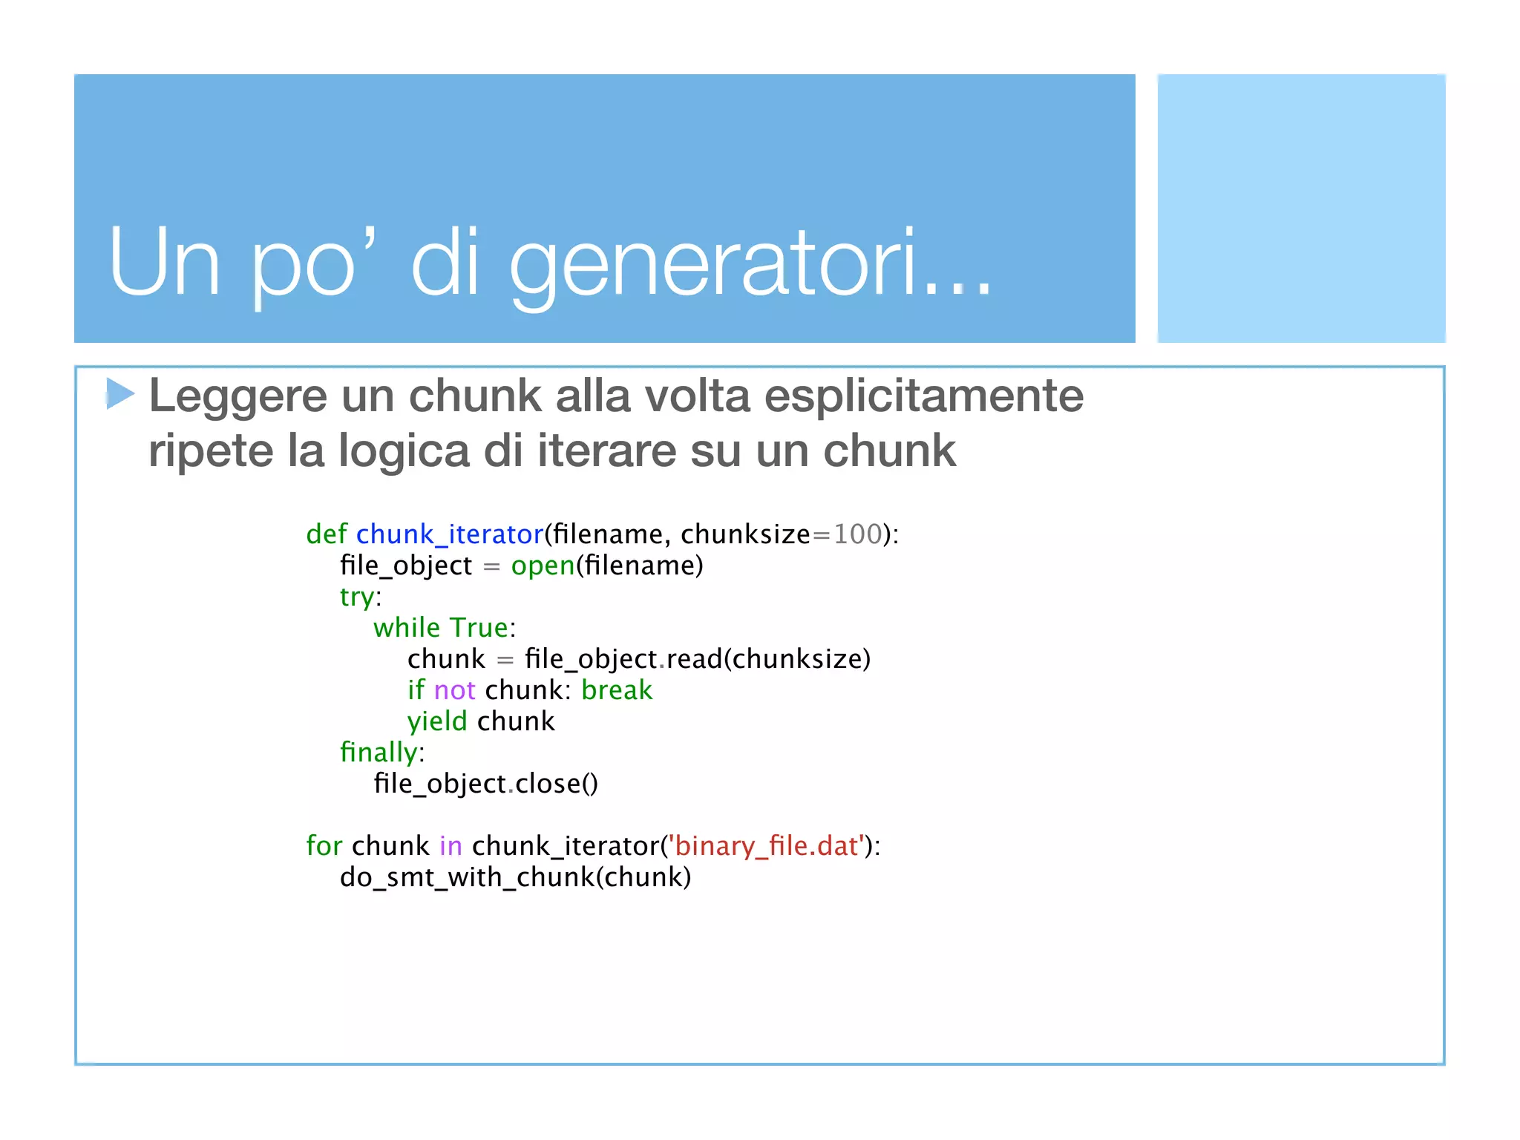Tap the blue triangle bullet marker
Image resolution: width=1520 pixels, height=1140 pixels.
coord(119,393)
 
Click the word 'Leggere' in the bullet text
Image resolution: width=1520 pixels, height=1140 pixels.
coord(237,396)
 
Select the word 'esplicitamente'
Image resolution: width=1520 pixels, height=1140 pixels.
coord(923,396)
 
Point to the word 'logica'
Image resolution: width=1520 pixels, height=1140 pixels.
coord(404,451)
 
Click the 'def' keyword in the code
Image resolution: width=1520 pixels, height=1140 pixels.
coord(326,534)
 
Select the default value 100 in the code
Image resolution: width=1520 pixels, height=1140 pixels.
coord(857,534)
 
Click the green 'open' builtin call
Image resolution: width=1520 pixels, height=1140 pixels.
coord(543,566)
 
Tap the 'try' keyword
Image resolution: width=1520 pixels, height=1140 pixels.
coord(357,597)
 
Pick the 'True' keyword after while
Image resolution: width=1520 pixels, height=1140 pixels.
coord(479,628)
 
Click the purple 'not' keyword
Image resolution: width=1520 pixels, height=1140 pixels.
coord(454,690)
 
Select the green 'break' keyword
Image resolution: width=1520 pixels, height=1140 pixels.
coord(617,690)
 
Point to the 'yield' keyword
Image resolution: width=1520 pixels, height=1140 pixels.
coord(437,721)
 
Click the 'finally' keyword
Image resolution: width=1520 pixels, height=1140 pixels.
coord(379,753)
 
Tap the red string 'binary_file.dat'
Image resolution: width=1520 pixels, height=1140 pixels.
coord(766,846)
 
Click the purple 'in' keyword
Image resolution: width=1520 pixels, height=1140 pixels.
coord(451,846)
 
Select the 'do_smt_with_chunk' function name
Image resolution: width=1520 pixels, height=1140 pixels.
coord(468,877)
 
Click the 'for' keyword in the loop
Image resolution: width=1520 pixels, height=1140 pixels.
coord(324,846)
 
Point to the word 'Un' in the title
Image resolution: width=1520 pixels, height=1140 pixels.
coord(164,263)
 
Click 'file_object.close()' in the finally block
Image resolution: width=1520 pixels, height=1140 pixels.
coord(485,784)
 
